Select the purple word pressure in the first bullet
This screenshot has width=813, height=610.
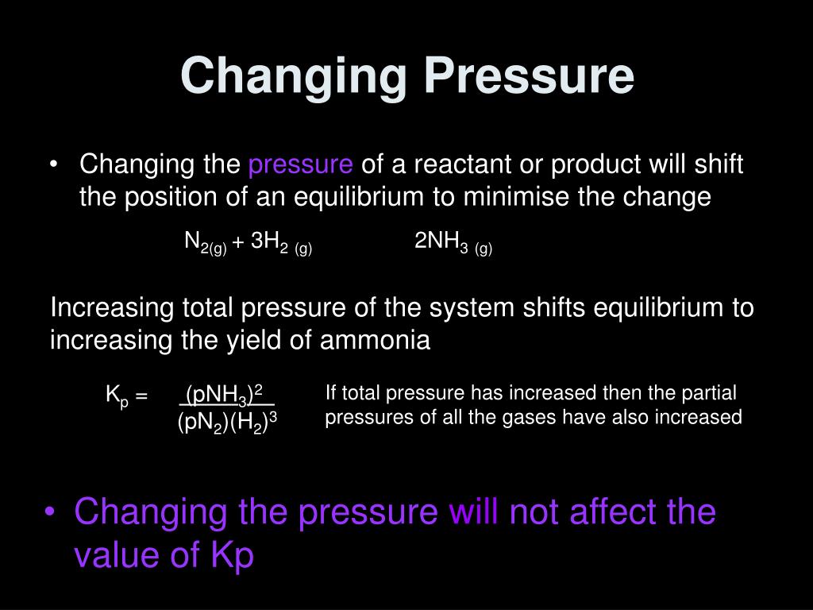pyautogui.click(x=301, y=165)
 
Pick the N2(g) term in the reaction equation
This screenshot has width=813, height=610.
pyautogui.click(x=206, y=243)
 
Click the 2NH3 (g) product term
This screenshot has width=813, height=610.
pyautogui.click(x=453, y=243)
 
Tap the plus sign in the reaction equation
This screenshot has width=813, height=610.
pyautogui.click(x=238, y=242)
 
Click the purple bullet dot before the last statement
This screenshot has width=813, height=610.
pyautogui.click(x=52, y=512)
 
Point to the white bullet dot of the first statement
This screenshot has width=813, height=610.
pyautogui.click(x=54, y=165)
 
